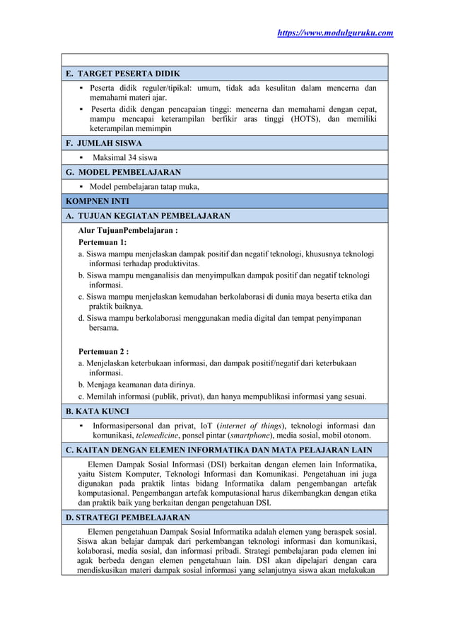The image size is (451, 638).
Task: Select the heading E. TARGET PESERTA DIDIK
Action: [128, 74]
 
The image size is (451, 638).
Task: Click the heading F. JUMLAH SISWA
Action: [104, 143]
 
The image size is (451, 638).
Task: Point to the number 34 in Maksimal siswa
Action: [133, 157]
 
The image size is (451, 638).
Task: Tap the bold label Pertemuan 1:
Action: [102, 242]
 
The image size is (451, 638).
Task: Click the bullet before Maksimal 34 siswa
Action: [82, 157]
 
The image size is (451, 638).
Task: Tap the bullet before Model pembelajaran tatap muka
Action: [82, 187]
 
